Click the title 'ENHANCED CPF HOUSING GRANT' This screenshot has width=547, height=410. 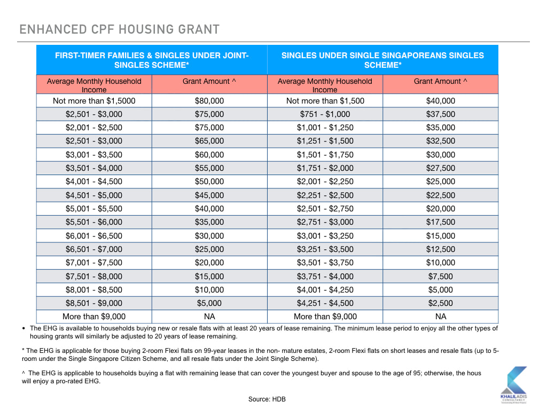(119, 29)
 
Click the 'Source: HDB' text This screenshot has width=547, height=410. (267, 399)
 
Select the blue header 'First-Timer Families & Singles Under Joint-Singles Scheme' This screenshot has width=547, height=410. (152, 60)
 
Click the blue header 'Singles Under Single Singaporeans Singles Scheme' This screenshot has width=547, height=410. (382, 60)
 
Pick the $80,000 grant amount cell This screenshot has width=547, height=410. (209, 101)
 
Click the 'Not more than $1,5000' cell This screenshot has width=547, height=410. (94, 101)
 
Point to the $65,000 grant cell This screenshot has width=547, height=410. (209, 141)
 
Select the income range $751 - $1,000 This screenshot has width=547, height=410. (325, 114)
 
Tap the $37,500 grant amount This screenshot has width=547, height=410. (441, 114)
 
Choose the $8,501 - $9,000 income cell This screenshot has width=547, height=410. (94, 303)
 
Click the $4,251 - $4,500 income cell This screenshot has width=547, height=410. (325, 303)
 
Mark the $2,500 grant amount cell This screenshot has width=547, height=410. (441, 303)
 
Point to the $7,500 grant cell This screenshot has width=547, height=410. (441, 277)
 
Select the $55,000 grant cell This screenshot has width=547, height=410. (209, 168)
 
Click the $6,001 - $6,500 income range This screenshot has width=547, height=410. (94, 236)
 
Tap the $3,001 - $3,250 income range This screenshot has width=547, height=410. (325, 236)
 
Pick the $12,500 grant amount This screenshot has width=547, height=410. (441, 249)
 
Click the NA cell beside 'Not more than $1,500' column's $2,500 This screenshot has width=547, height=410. (441, 317)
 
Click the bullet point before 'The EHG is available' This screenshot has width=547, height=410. (24, 328)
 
